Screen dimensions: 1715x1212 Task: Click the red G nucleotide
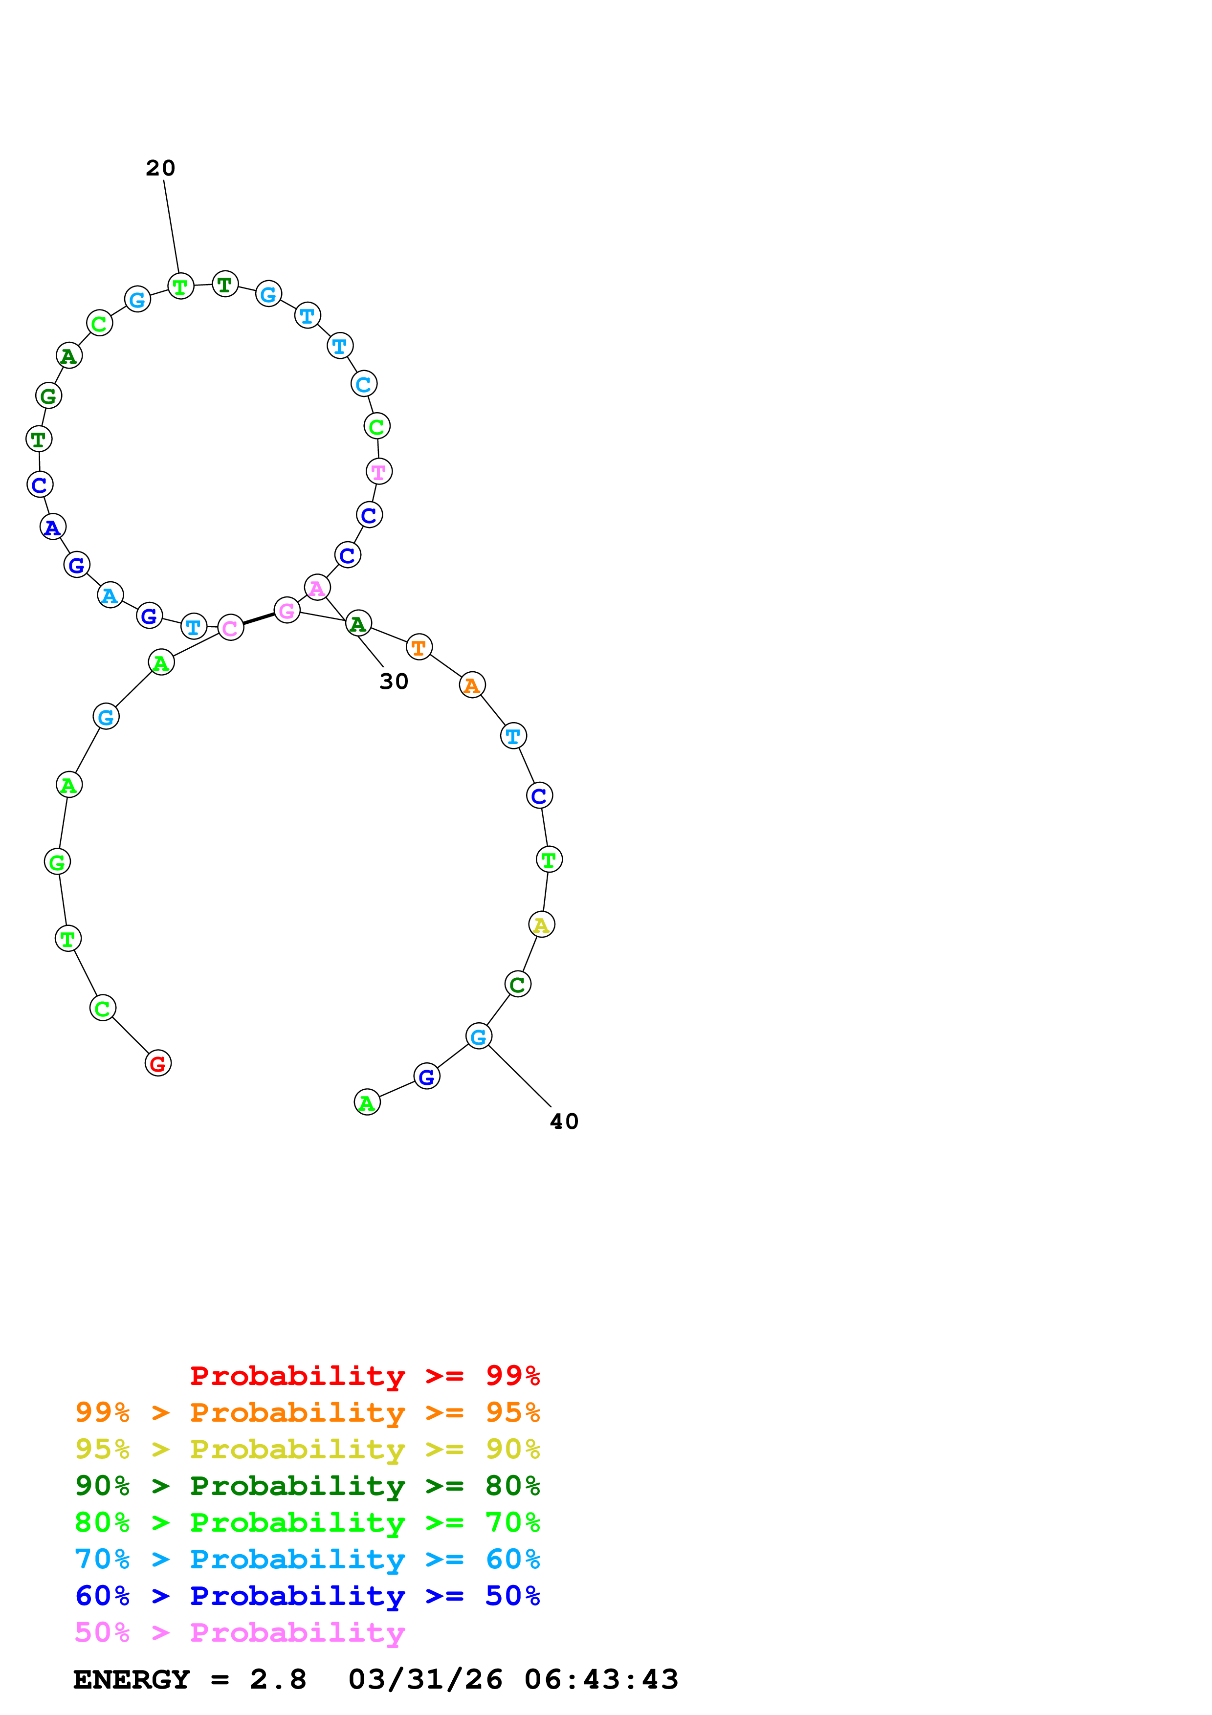click(x=157, y=1063)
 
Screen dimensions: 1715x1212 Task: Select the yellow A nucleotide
click(x=541, y=925)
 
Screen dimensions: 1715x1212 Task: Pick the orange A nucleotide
click(x=472, y=685)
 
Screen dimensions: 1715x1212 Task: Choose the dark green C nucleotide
click(x=518, y=985)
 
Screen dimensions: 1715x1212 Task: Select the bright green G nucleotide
click(x=58, y=862)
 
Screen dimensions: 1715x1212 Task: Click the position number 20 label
click(x=160, y=168)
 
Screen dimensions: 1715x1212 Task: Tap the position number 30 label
click(x=394, y=681)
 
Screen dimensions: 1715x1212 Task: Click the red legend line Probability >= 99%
click(x=364, y=1376)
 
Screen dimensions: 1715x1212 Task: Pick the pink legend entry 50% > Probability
click(x=240, y=1633)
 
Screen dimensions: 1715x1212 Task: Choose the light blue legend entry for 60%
click(x=307, y=1560)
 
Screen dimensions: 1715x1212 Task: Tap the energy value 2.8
click(x=278, y=1680)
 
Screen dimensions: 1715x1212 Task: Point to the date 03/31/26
click(x=425, y=1680)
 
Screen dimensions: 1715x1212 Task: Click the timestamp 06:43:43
click(x=601, y=1680)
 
